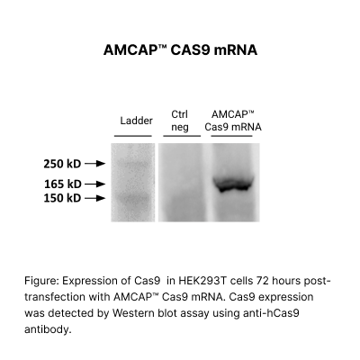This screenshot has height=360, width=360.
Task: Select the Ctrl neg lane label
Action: pos(180,121)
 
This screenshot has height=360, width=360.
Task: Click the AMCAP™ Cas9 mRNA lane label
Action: pos(233,121)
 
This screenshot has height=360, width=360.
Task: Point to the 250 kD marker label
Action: pos(62,165)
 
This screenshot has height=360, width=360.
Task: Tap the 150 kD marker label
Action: pos(62,198)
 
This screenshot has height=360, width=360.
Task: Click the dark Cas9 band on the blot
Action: pos(236,185)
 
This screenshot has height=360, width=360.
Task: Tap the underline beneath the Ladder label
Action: pos(133,136)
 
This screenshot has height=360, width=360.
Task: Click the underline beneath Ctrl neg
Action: pos(180,136)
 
